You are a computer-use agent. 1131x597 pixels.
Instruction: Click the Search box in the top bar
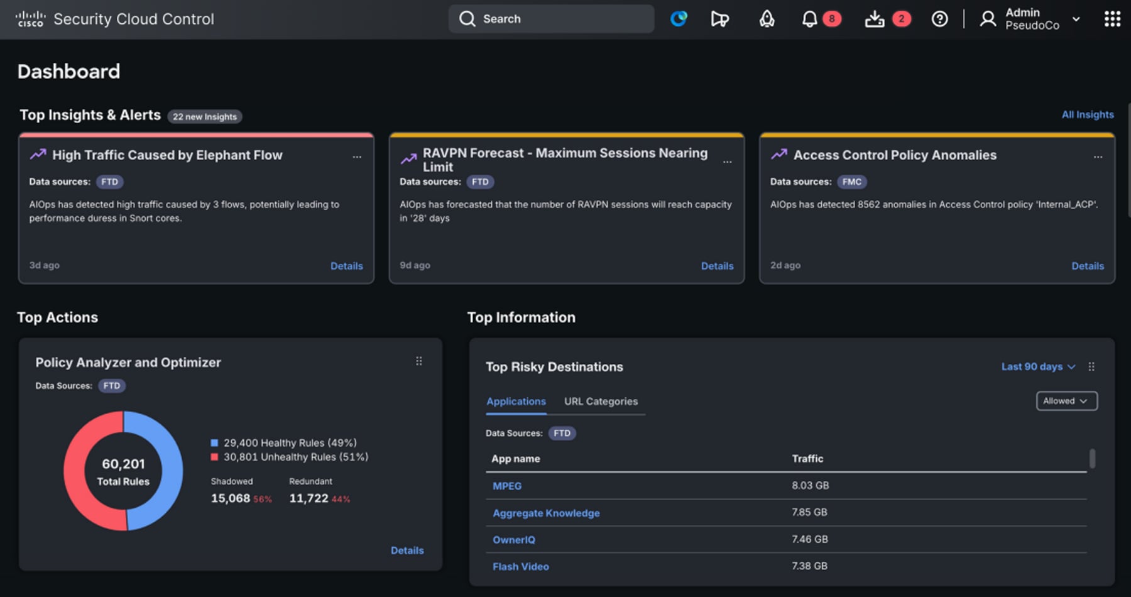(551, 19)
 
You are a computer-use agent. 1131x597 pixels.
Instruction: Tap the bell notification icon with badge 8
(809, 19)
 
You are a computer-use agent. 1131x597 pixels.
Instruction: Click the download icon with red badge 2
(875, 19)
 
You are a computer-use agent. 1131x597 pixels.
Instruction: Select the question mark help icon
(939, 19)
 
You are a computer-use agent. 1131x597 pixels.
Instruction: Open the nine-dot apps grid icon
(1112, 19)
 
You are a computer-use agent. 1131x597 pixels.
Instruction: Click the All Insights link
(1087, 114)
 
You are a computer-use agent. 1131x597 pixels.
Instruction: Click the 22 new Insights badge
(205, 117)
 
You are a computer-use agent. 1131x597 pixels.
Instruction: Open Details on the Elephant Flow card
(346, 266)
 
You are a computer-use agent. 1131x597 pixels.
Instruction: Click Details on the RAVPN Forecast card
(717, 266)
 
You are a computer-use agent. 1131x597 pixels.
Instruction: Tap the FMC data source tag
(851, 182)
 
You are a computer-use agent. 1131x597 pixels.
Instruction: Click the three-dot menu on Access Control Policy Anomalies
(1098, 157)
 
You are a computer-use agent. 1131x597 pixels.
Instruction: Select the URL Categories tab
(601, 401)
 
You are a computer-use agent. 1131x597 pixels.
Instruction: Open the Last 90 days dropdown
(1038, 366)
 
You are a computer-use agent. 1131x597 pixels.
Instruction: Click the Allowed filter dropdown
(1066, 401)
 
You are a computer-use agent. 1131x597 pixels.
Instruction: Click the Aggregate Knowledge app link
(546, 513)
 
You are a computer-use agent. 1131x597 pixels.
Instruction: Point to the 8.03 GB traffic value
(810, 485)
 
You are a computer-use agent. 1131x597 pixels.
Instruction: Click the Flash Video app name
(520, 566)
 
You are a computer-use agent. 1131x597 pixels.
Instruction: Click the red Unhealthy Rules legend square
(214, 457)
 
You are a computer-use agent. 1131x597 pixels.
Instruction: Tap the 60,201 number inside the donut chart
(123, 464)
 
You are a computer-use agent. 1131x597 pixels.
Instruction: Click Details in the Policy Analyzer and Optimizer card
(407, 550)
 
